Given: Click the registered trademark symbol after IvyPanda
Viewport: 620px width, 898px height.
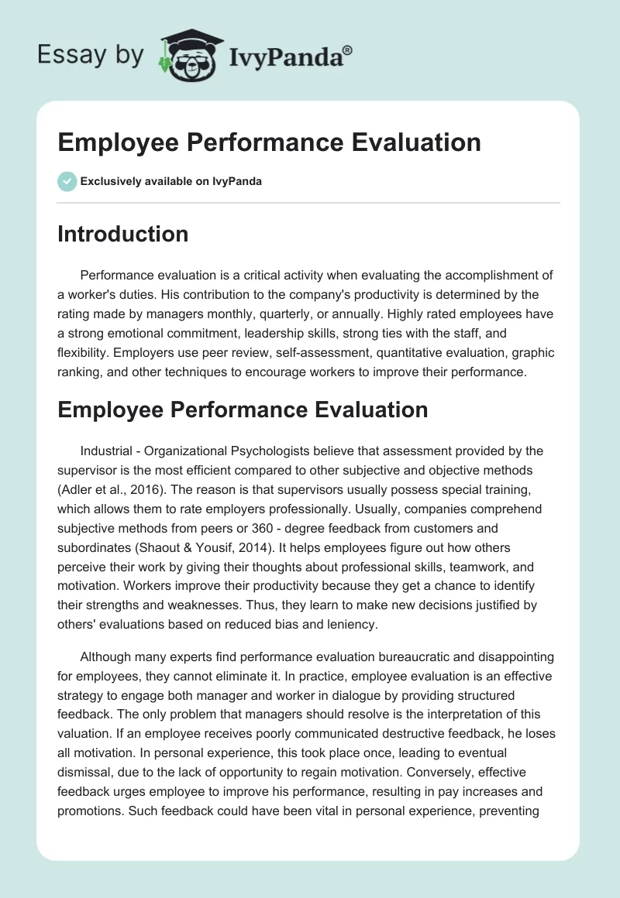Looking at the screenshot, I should (348, 50).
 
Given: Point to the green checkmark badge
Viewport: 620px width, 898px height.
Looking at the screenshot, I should (67, 181).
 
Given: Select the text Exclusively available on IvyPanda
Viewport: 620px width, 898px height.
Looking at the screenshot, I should (170, 182).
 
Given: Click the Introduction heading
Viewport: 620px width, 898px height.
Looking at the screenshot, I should (122, 234).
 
